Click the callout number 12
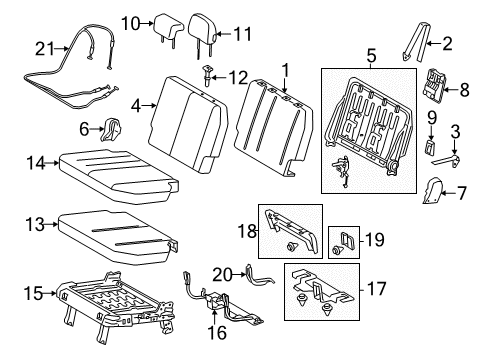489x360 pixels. pyautogui.click(x=237, y=77)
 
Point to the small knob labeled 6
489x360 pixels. pyautogui.click(x=112, y=127)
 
